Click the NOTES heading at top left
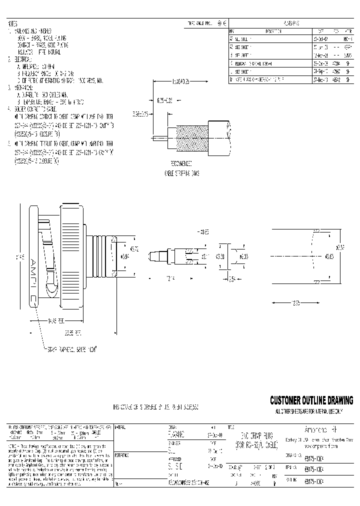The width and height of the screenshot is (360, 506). point(13,23)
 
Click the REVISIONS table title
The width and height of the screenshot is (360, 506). point(291,23)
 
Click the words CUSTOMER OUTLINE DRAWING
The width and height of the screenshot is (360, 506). point(311,400)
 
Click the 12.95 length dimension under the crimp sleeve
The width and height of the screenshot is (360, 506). point(296,303)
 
